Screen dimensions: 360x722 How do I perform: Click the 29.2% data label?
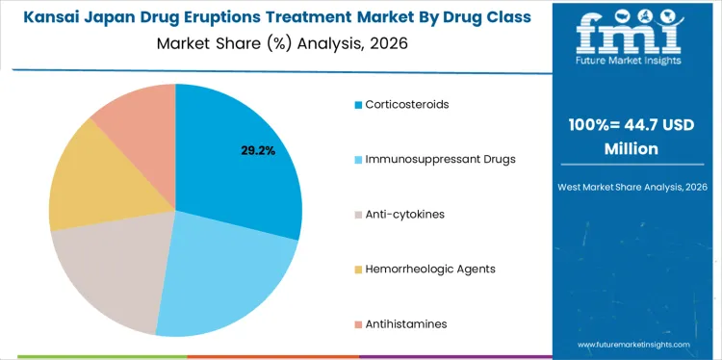[x=257, y=151]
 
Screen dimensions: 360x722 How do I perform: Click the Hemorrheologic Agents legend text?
[x=430, y=269]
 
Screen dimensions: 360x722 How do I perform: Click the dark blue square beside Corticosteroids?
[x=358, y=104]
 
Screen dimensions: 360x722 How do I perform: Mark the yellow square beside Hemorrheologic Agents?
[x=358, y=270]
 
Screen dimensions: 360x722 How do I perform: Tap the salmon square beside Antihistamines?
[x=358, y=324]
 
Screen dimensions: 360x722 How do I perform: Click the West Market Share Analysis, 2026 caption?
[x=632, y=186]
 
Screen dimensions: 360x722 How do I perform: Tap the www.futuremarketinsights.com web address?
[x=632, y=344]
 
